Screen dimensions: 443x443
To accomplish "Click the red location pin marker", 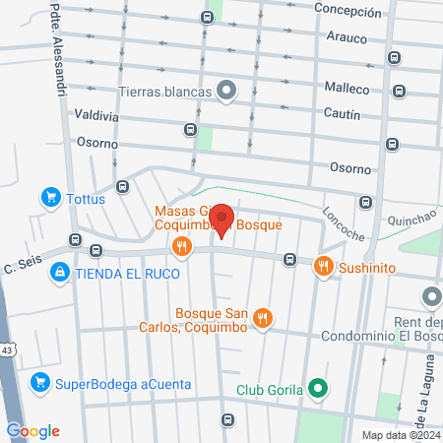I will (x=223, y=221).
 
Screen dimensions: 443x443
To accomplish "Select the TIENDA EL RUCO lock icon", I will (x=61, y=272).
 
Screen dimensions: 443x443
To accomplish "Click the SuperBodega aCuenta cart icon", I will (x=40, y=381).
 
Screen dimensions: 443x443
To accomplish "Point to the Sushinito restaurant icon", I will (x=322, y=266).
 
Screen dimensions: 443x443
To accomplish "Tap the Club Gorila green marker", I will (x=317, y=388).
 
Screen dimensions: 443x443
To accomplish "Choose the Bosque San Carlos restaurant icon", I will (x=261, y=318).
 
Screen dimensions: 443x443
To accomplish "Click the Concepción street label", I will (x=347, y=12).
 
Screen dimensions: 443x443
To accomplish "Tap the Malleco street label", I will (x=346, y=89).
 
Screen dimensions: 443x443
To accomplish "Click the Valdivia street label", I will (x=68, y=115).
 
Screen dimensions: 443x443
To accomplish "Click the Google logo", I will (x=32, y=430).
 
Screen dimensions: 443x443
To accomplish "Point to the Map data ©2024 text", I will (x=399, y=434).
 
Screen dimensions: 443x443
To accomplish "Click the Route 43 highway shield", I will (x=6, y=349).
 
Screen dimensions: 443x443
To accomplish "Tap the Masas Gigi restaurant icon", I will (x=179, y=246).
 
